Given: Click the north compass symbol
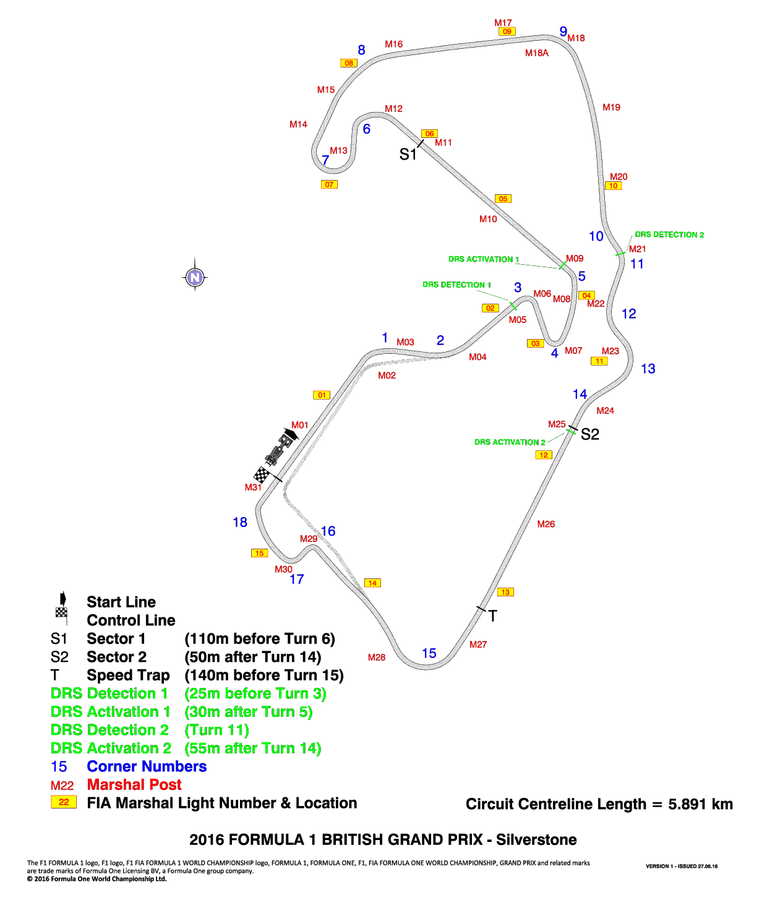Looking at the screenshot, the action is pyautogui.click(x=195, y=277).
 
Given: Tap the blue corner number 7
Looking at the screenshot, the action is pyautogui.click(x=325, y=160).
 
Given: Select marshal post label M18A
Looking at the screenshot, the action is pyautogui.click(x=537, y=53).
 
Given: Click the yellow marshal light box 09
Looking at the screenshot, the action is pyautogui.click(x=507, y=32).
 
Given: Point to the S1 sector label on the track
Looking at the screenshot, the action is pyautogui.click(x=408, y=154).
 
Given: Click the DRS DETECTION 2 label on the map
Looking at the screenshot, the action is pyautogui.click(x=669, y=234).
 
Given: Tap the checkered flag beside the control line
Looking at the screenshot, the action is pyautogui.click(x=262, y=475).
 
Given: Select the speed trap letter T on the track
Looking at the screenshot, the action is pyautogui.click(x=493, y=616).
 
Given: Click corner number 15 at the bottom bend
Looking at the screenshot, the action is pyautogui.click(x=429, y=653).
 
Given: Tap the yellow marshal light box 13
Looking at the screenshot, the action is pyautogui.click(x=505, y=592).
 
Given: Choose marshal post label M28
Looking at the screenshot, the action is pyautogui.click(x=377, y=657).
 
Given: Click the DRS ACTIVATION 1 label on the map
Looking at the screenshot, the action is pyautogui.click(x=484, y=259).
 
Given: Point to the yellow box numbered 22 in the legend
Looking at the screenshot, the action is pyautogui.click(x=64, y=802).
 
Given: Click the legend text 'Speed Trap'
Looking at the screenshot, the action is pyautogui.click(x=128, y=675).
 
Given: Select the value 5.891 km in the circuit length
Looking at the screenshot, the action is pyautogui.click(x=700, y=804).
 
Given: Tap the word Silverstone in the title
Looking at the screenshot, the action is pyautogui.click(x=536, y=839).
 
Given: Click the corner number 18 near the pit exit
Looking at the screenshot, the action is pyautogui.click(x=240, y=522).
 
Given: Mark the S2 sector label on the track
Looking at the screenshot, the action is pyautogui.click(x=589, y=434).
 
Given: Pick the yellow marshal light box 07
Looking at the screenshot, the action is pyautogui.click(x=329, y=184).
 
